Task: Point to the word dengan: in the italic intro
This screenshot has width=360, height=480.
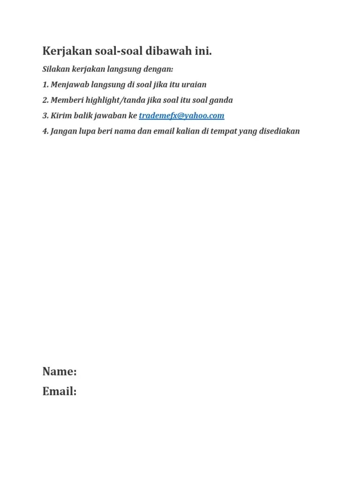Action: tap(158, 69)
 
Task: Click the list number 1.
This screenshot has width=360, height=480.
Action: tap(45, 85)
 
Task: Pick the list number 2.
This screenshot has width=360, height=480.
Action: tap(45, 100)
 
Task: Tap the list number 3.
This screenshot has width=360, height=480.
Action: tap(45, 116)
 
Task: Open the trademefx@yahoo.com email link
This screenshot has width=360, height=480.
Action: tap(181, 116)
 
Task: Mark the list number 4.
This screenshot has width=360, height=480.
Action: tap(45, 131)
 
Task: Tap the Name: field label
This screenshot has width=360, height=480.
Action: tap(60, 372)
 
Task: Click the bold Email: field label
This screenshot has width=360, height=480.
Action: tap(60, 391)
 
